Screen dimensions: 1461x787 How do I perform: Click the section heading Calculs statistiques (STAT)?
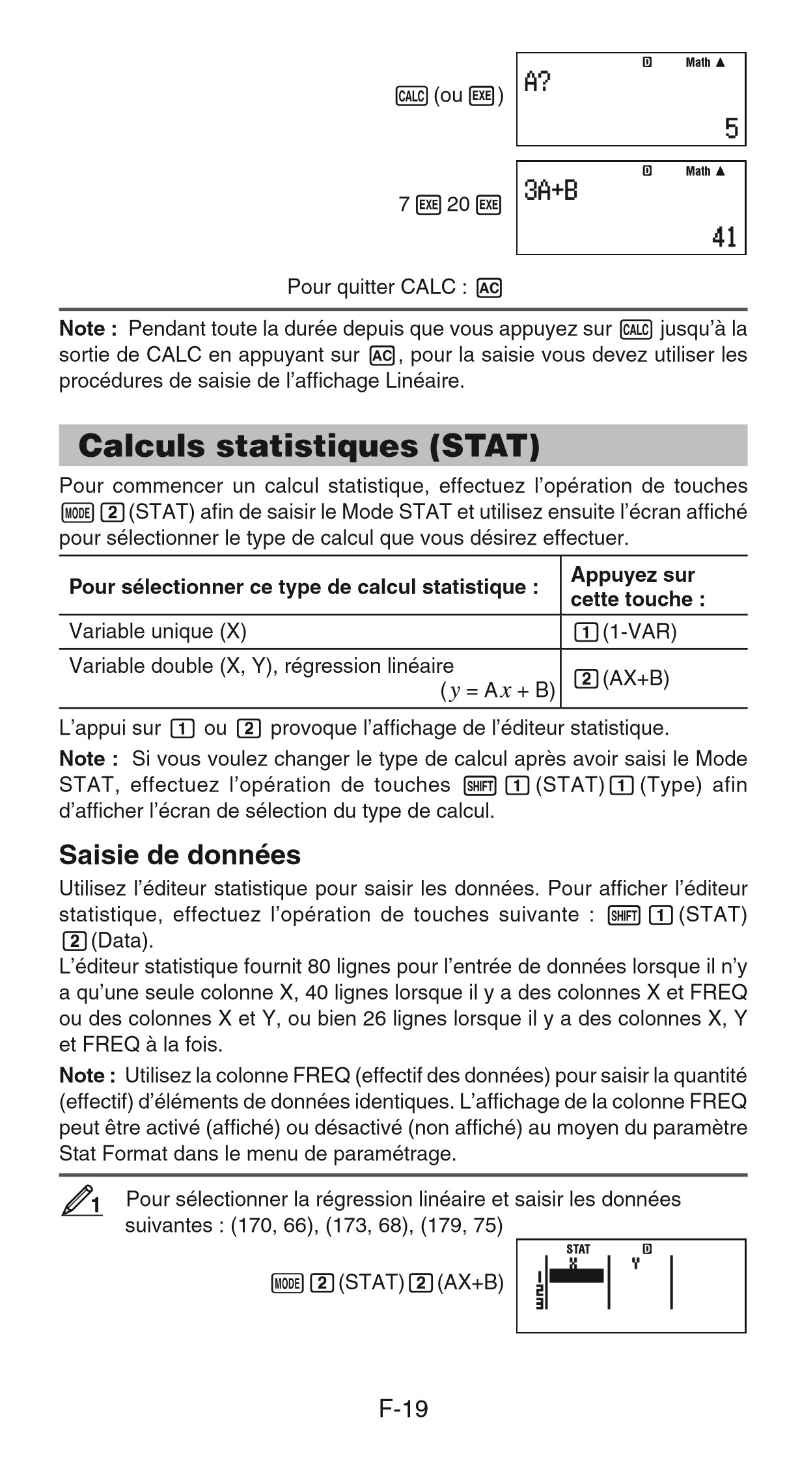(x=309, y=446)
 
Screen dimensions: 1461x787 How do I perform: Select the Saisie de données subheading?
(x=180, y=854)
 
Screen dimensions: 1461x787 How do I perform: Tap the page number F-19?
(x=403, y=1408)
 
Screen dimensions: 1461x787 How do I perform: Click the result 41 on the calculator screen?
(x=724, y=237)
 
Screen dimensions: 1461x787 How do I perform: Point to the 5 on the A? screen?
(x=731, y=128)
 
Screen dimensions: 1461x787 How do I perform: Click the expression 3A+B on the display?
(x=551, y=191)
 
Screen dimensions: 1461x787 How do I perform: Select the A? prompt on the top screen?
(x=538, y=83)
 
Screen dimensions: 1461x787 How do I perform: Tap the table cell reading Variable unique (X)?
(x=158, y=631)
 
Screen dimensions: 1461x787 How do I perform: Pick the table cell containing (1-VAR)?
(x=625, y=631)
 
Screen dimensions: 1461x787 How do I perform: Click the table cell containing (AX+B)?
(x=621, y=679)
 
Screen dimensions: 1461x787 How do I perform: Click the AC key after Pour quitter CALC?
(x=489, y=288)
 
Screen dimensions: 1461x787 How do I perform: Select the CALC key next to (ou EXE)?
(x=411, y=97)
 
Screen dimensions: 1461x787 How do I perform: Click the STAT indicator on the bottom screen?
(x=578, y=1249)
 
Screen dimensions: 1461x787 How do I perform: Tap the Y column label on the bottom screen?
(x=636, y=1263)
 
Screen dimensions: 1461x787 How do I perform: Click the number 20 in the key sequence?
(x=458, y=205)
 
